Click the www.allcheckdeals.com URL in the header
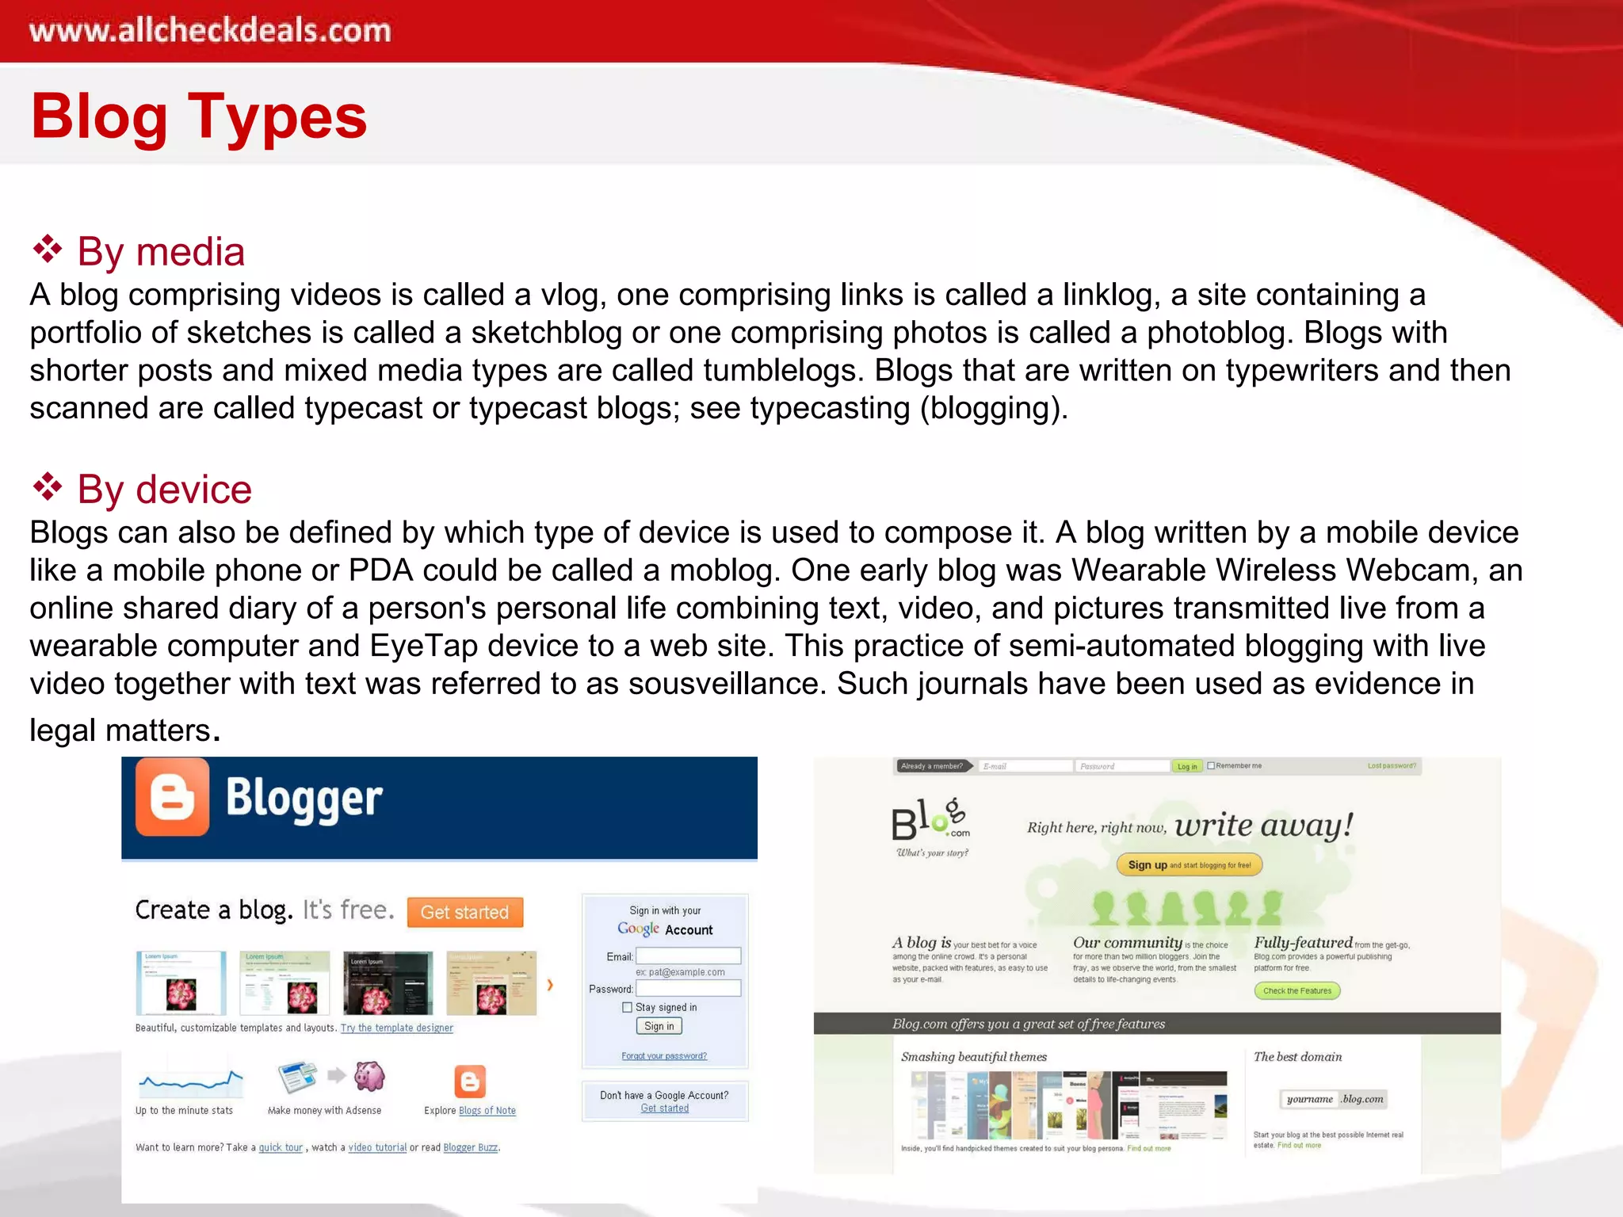tap(210, 31)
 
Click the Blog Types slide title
tap(199, 116)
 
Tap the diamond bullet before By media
tap(48, 250)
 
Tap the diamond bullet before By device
tap(48, 487)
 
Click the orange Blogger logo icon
tap(173, 797)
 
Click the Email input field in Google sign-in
tap(688, 956)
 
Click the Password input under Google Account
tap(688, 989)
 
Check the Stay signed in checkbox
tap(628, 1007)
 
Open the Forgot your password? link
tap(664, 1056)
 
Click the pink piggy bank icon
tap(369, 1076)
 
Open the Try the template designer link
tap(397, 1028)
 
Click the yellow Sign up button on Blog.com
tap(1189, 864)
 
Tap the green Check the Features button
tap(1296, 990)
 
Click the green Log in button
tap(1186, 766)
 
